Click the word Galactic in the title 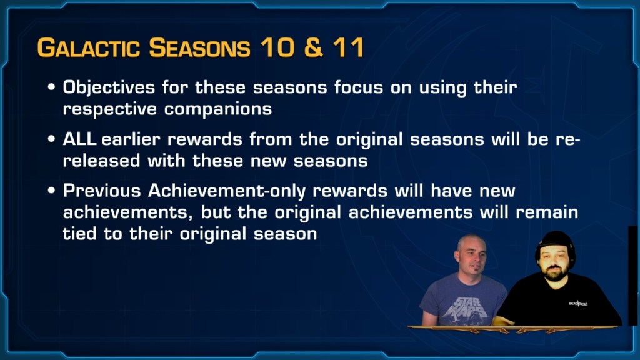88,47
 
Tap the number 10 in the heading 277,47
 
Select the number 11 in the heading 348,47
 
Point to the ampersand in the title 314,47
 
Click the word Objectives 109,87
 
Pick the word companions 218,109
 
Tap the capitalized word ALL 79,139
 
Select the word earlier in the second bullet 131,139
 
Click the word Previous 102,191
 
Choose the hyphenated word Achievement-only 227,191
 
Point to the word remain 547,212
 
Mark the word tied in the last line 79,234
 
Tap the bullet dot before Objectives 51,87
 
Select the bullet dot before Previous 51,190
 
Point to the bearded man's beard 554,272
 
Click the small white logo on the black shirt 578,303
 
